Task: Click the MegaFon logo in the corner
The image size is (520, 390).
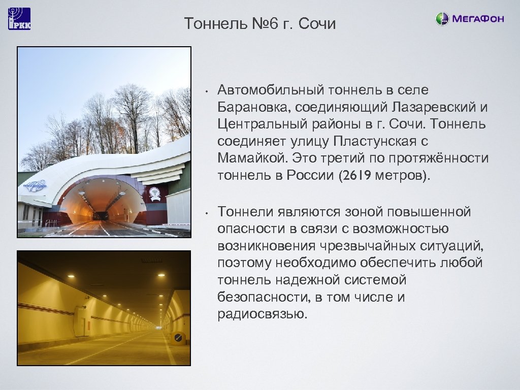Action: (470, 19)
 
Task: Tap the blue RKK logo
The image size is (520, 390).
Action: (19, 19)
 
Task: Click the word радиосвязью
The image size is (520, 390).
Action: (262, 314)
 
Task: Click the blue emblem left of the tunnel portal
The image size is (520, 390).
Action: (32, 187)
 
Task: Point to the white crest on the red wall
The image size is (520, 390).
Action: (154, 194)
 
